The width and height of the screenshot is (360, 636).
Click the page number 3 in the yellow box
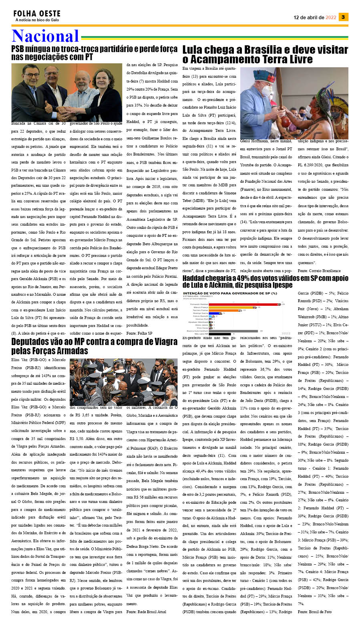[x=343, y=17]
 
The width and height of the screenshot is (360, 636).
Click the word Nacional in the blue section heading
[x=45, y=36]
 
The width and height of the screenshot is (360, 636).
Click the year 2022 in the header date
[x=331, y=17]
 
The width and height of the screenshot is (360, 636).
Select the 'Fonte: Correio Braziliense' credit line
[x=319, y=271]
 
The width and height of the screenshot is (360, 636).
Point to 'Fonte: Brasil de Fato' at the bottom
[x=314, y=612]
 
